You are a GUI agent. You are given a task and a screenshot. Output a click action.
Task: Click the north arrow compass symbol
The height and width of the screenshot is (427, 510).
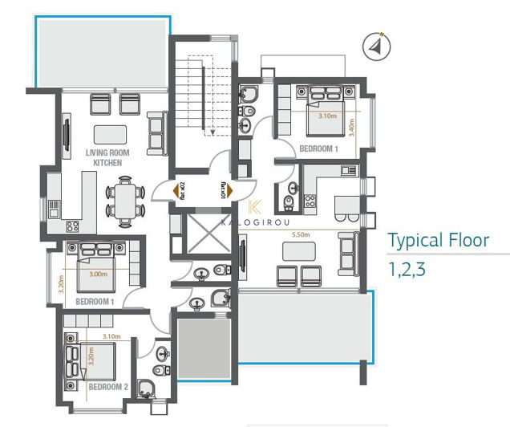pyautogui.click(x=376, y=47)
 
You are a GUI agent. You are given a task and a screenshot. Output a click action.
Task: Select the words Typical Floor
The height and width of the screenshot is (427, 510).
pyautogui.click(x=438, y=240)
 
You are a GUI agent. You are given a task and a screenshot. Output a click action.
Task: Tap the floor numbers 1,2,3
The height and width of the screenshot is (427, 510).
pyautogui.click(x=407, y=269)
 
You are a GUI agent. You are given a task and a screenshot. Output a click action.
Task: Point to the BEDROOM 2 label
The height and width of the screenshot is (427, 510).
pyautogui.click(x=107, y=386)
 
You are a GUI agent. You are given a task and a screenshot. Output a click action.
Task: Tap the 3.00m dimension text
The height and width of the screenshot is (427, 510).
pyautogui.click(x=97, y=274)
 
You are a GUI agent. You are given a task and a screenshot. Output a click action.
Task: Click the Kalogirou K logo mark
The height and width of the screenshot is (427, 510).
pyautogui.click(x=257, y=205)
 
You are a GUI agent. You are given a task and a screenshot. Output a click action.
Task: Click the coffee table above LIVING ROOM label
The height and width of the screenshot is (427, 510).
pyautogui.click(x=109, y=134)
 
